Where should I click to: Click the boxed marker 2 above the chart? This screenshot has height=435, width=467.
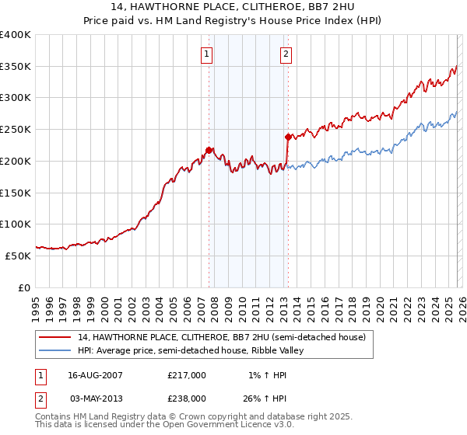pyautogui.click(x=286, y=54)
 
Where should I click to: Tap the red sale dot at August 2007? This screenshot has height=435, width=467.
pyautogui.click(x=209, y=150)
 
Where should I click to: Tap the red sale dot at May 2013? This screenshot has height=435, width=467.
pyautogui.click(x=287, y=137)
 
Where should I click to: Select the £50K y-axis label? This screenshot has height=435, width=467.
pyautogui.click(x=18, y=256)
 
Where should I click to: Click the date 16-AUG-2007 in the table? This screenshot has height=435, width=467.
pyautogui.click(x=95, y=375)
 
